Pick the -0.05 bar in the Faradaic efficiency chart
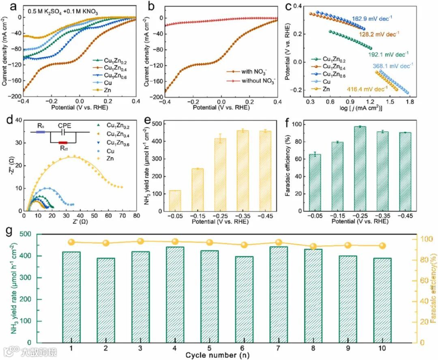315,182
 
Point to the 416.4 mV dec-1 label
370,87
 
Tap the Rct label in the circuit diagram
63,149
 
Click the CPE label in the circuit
65,126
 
